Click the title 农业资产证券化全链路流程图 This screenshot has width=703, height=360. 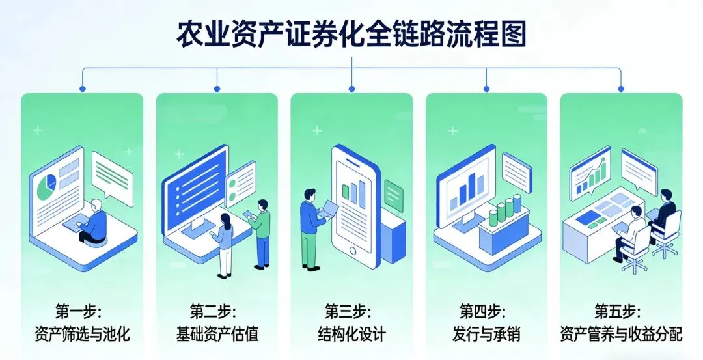tap(351, 33)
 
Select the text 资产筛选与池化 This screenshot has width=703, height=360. tap(82, 335)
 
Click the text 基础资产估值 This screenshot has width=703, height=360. tap(217, 335)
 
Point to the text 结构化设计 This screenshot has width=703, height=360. tap(351, 335)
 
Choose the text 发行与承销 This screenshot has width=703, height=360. tap(486, 335)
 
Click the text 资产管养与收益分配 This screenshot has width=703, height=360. tap(621, 335)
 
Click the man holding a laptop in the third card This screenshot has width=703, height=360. tap(310, 228)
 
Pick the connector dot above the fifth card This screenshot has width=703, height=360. tap(621, 89)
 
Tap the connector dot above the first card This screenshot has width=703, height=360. tap(82, 89)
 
